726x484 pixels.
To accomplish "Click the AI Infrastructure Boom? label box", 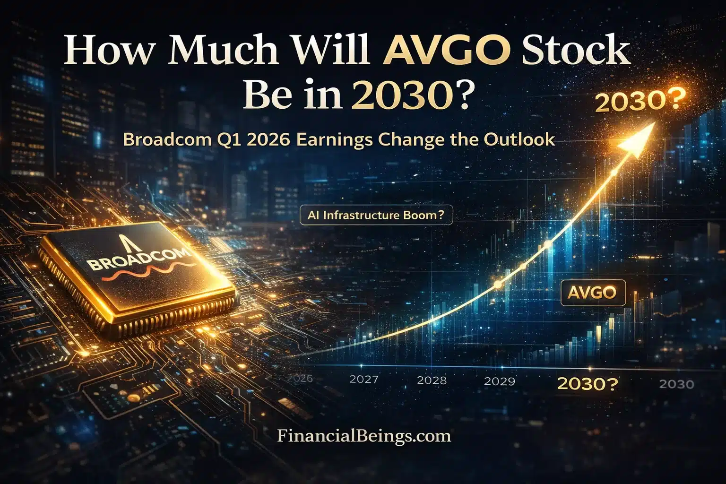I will pyautogui.click(x=376, y=215).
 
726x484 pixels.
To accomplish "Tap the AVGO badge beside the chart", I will pyautogui.click(x=592, y=293).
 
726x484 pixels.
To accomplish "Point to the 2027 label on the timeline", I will pyautogui.click(x=363, y=380).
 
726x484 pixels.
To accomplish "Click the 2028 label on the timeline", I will pyautogui.click(x=432, y=380).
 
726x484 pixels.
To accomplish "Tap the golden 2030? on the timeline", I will pyautogui.click(x=587, y=383).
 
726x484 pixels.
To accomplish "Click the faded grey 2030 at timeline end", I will pyautogui.click(x=676, y=384).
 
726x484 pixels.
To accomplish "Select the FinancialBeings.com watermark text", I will pyautogui.click(x=363, y=435).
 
